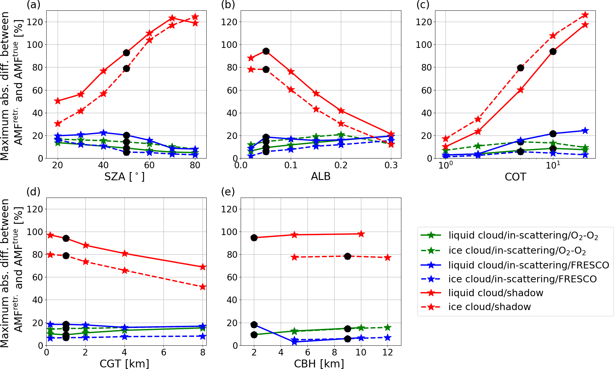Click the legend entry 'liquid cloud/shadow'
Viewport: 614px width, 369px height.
[496, 293]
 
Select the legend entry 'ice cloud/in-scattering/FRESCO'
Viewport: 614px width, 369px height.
[522, 279]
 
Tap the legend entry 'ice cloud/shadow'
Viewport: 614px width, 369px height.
[490, 307]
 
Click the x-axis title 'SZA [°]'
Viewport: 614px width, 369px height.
[124, 176]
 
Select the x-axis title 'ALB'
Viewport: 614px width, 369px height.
[321, 176]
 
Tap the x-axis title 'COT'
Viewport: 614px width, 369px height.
[515, 177]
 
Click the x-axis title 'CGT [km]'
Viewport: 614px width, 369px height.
[124, 364]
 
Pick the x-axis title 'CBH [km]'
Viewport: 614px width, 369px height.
[319, 364]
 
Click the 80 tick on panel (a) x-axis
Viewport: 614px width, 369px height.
[195, 165]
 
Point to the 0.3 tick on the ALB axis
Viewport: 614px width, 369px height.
[391, 165]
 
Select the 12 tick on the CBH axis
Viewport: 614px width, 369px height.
[387, 352]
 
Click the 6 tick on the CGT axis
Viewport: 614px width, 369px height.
[164, 352]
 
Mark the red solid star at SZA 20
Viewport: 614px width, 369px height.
[58, 101]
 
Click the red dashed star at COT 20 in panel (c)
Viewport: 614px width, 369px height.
[585, 15]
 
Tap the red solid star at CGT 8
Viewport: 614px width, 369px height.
[203, 267]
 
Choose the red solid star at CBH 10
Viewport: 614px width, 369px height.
[361, 234]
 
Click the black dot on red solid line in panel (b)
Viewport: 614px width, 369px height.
[266, 51]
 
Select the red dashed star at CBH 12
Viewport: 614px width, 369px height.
[387, 257]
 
